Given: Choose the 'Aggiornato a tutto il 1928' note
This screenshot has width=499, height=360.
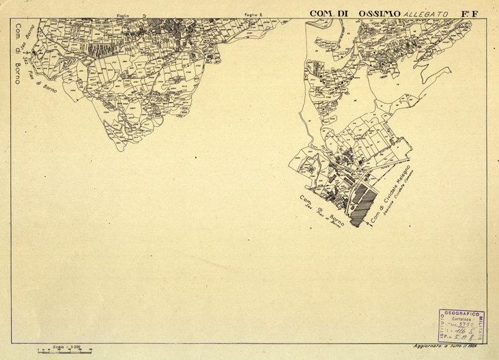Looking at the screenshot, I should point(454,348).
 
